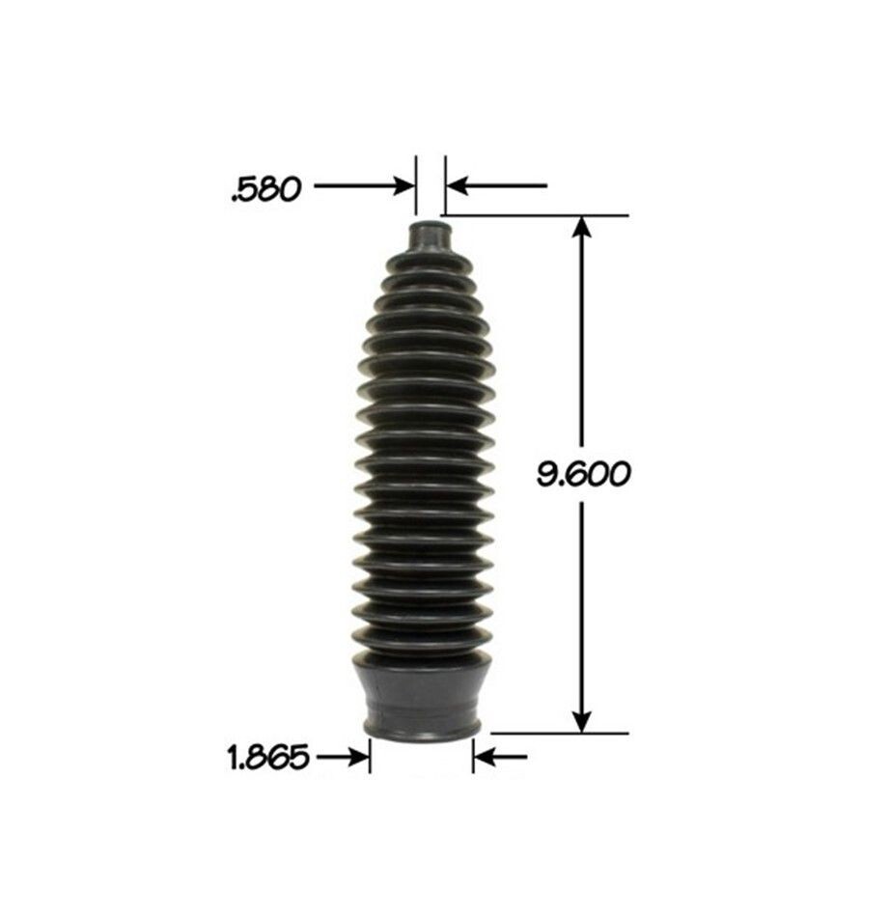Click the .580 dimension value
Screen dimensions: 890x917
[x=266, y=189]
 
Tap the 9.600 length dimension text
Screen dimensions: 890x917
[x=584, y=474]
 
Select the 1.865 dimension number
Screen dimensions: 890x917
[x=267, y=758]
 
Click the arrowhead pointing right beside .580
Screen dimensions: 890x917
[x=403, y=186]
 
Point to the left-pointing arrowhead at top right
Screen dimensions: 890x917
[x=459, y=186]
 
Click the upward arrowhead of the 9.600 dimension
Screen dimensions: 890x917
[x=581, y=227]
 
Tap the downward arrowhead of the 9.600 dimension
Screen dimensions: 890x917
[x=581, y=721]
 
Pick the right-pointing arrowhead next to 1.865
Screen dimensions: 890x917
[x=358, y=757]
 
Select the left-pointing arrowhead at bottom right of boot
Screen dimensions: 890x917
[x=485, y=757]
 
